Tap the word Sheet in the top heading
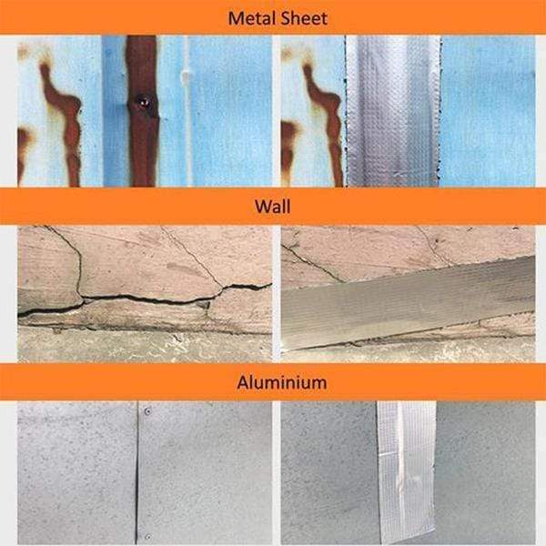(x=304, y=18)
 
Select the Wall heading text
(x=273, y=207)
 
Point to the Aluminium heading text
(x=282, y=382)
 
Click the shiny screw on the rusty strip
(x=143, y=102)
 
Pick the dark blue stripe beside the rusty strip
(x=115, y=111)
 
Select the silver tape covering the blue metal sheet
(x=393, y=111)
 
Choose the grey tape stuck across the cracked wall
(x=408, y=304)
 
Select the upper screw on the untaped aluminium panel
(x=147, y=411)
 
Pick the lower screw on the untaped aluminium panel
(x=147, y=536)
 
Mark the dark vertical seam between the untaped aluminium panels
(x=136, y=473)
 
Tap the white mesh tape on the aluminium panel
(x=407, y=473)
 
